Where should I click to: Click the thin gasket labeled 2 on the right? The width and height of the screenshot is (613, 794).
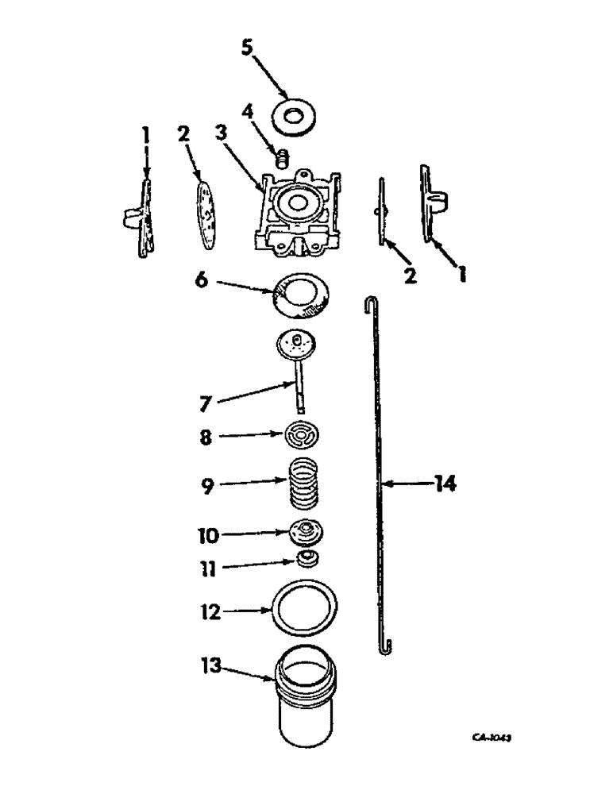pyautogui.click(x=382, y=210)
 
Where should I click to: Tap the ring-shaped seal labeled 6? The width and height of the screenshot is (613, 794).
pyautogui.click(x=303, y=295)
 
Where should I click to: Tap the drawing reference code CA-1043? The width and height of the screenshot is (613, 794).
pyautogui.click(x=492, y=738)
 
